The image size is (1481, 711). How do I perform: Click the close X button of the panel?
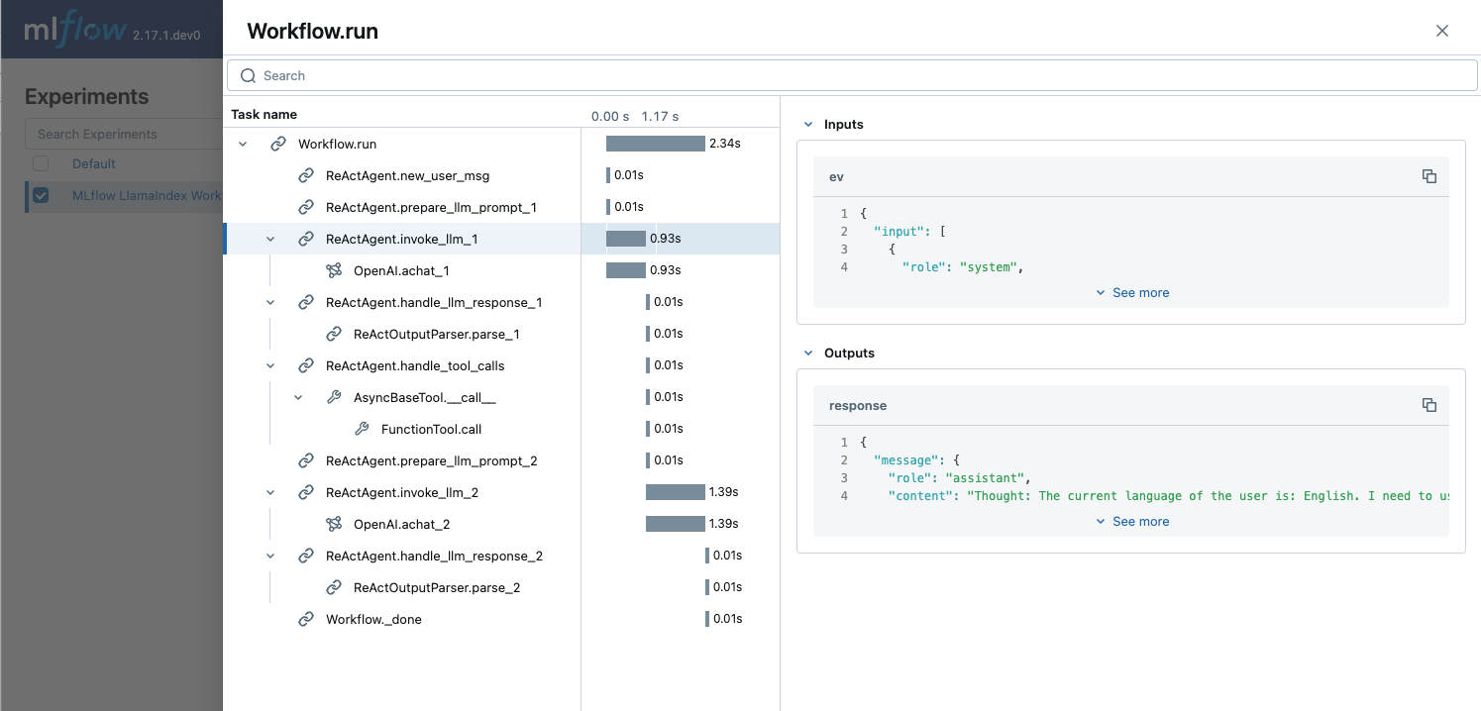1442,31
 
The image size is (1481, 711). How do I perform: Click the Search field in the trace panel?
852,75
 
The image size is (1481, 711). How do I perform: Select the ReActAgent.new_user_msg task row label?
407,175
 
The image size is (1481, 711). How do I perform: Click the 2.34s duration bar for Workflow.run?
655,144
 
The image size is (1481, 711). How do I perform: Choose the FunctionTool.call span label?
431,429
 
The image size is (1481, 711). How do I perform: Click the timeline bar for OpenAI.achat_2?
675,524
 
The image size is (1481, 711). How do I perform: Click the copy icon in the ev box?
1428,176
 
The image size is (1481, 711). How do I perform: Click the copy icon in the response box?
1428,405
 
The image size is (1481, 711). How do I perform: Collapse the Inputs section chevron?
808,125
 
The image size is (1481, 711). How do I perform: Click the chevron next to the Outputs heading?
808,354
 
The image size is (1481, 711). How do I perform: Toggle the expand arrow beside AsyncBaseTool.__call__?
298,397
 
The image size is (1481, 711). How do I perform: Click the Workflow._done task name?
373,619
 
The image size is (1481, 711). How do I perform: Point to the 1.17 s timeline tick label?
660,116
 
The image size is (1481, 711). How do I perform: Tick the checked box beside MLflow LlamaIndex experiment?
41,195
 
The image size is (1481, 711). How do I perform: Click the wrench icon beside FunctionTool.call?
362,429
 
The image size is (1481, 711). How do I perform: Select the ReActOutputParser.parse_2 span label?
436,587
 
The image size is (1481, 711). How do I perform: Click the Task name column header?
264,115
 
